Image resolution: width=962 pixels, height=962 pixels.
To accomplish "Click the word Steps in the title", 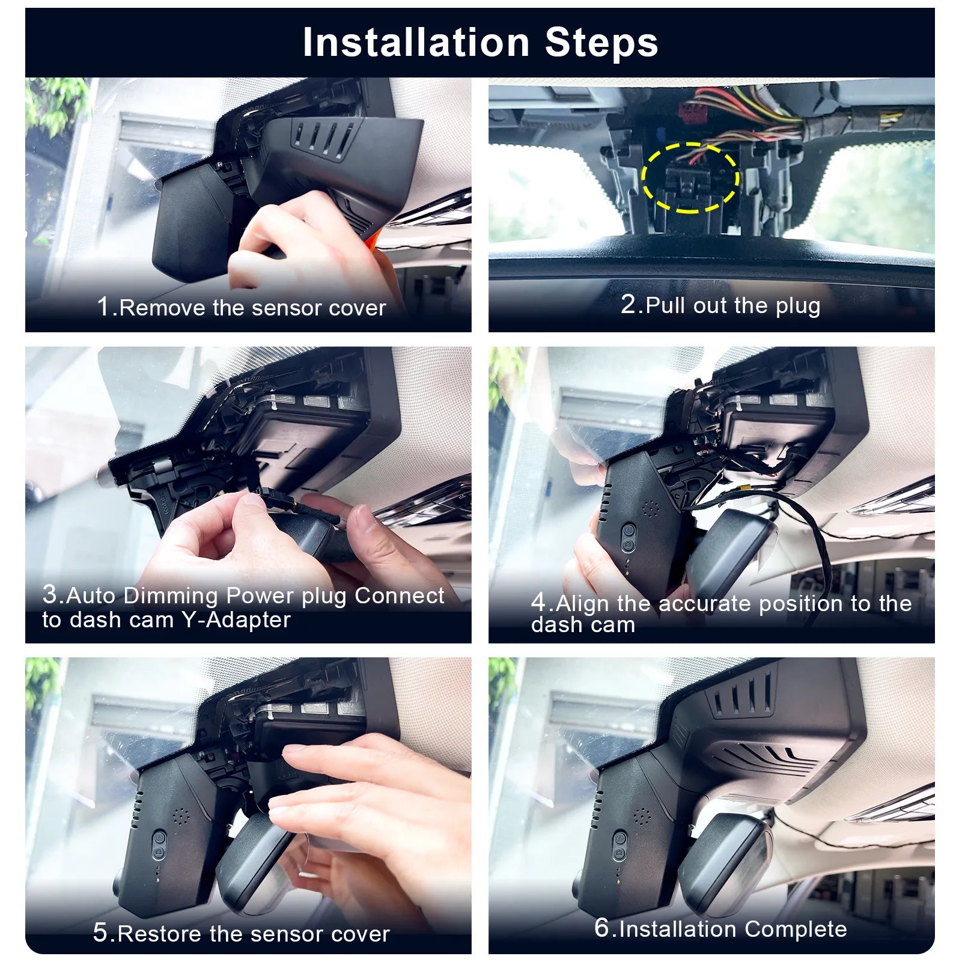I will (601, 43).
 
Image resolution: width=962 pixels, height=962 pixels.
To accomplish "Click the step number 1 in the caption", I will (103, 306).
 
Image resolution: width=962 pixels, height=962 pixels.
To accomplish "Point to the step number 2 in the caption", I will (628, 304).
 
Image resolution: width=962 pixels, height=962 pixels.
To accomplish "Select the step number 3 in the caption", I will (50, 594).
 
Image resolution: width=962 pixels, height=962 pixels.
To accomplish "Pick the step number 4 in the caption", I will (538, 602).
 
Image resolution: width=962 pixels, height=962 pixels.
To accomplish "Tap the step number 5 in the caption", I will (100, 933).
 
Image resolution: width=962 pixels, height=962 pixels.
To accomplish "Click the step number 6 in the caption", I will (601, 928).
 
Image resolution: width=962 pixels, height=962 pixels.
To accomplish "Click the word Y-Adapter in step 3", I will (236, 620).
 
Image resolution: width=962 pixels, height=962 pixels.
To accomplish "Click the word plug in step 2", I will (797, 306).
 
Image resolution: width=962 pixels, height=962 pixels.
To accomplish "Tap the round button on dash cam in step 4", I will (628, 531).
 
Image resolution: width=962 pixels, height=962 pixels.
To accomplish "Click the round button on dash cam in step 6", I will (620, 836).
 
